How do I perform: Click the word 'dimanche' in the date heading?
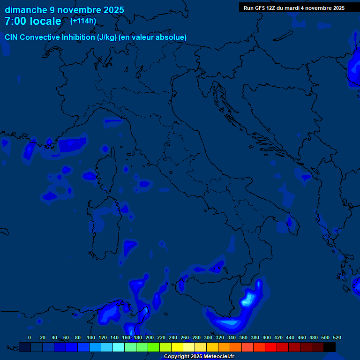coord(26,10)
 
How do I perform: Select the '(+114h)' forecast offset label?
coord(83,21)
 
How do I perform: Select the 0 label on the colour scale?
coord(30,337)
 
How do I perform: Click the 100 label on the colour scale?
coord(91,337)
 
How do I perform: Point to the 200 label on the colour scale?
coord(150,337)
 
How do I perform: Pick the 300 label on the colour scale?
coord(208,337)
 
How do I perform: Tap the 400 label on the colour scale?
coord(267,337)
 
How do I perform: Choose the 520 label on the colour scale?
coord(337,337)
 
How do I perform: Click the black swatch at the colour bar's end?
coord(330,347)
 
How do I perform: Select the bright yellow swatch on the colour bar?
coord(177,347)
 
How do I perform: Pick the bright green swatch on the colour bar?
coord(154,347)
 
